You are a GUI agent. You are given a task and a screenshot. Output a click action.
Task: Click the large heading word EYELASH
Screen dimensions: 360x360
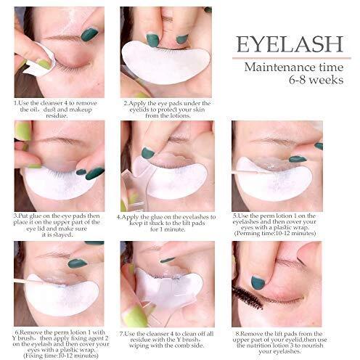pyautogui.click(x=290, y=44)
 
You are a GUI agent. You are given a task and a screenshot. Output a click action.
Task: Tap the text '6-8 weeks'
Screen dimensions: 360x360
pyautogui.click(x=316, y=80)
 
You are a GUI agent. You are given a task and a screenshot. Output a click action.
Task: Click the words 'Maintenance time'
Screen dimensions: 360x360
pyautogui.click(x=294, y=67)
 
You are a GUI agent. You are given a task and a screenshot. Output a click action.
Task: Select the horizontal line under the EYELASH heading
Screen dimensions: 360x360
pyautogui.click(x=292, y=58)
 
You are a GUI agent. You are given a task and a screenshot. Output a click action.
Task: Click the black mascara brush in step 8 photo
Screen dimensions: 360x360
pyautogui.click(x=247, y=298)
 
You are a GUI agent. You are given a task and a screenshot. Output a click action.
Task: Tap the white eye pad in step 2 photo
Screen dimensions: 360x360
pyautogui.click(x=165, y=62)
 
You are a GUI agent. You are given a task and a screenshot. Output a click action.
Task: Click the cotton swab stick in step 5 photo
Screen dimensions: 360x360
pyautogui.click(x=245, y=173)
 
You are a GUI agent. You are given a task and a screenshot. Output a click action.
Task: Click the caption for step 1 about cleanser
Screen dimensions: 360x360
pyautogui.click(x=55, y=110)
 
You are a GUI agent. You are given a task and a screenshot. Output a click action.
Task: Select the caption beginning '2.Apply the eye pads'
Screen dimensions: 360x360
pyautogui.click(x=167, y=110)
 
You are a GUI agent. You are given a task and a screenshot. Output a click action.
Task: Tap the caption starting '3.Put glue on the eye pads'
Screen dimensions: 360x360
pyautogui.click(x=57, y=225)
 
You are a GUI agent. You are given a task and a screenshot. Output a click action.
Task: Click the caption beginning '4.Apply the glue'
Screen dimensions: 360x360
pyautogui.click(x=166, y=223)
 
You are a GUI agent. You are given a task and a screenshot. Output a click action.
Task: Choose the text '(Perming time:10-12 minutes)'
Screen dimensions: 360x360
pyautogui.click(x=275, y=233)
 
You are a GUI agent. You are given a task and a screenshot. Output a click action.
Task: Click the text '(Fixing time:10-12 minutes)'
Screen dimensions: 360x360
pyautogui.click(x=61, y=356)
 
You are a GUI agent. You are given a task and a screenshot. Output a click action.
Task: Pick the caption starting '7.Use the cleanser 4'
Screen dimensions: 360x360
pyautogui.click(x=166, y=340)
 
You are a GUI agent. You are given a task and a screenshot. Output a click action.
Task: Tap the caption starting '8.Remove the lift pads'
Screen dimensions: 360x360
pyautogui.click(x=279, y=343)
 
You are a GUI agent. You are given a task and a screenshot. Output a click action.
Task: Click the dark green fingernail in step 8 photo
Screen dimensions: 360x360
pyautogui.click(x=258, y=282)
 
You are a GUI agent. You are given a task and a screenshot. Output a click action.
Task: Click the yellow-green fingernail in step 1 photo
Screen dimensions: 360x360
pyautogui.click(x=44, y=65)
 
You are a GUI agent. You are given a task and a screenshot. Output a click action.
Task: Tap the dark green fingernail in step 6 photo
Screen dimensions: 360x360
pyautogui.click(x=77, y=263)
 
